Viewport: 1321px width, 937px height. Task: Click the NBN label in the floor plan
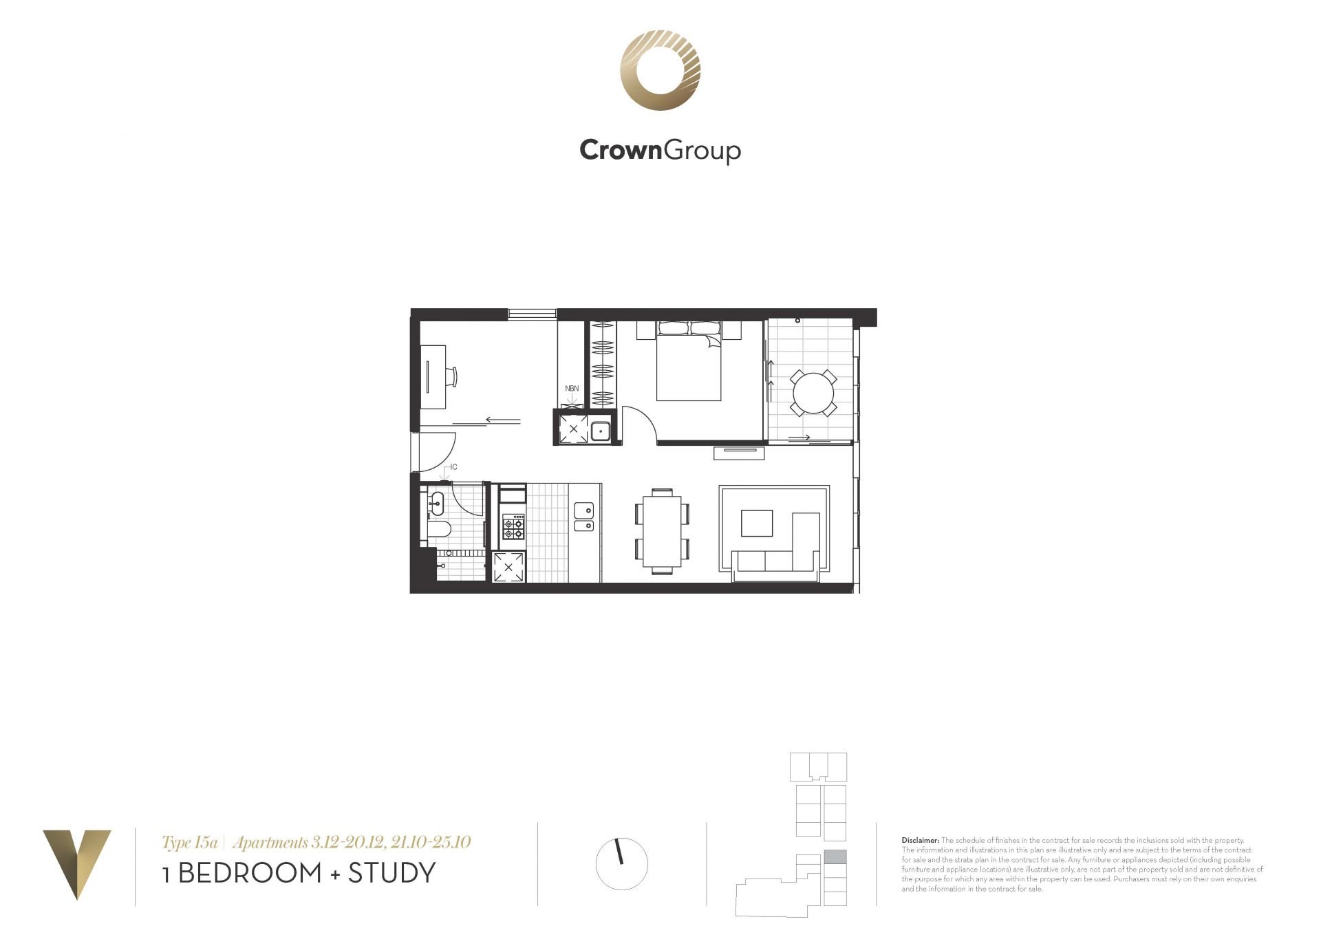tap(572, 389)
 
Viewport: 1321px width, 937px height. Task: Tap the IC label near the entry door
tap(453, 467)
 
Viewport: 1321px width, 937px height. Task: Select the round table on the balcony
tap(813, 393)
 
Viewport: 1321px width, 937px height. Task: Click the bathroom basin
tap(436, 503)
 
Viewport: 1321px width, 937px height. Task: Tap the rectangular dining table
tap(662, 530)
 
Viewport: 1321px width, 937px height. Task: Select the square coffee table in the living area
tap(757, 523)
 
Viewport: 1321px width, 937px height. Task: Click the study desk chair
tap(451, 376)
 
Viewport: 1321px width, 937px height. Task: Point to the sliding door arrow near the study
tap(503, 420)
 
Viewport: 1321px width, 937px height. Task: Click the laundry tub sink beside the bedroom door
tap(600, 431)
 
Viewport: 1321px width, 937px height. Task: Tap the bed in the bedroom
tap(689, 361)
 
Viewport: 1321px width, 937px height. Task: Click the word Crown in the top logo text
tap(620, 149)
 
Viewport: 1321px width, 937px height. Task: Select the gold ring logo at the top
tap(660, 70)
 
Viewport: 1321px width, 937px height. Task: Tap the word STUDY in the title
tap(391, 873)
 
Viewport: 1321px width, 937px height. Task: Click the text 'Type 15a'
tap(190, 842)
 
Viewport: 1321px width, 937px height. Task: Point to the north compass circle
tap(622, 864)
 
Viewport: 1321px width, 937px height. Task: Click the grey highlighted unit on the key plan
tap(835, 857)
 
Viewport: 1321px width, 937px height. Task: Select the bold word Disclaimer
tap(920, 841)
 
